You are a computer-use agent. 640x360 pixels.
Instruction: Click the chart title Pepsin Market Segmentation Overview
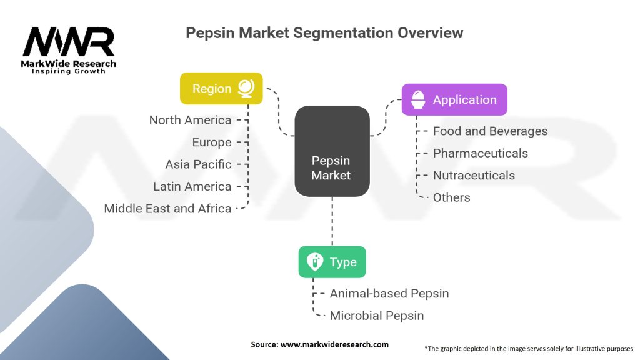324,33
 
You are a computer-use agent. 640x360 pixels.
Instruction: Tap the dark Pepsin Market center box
331,151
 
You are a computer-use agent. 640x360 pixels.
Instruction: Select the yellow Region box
221,89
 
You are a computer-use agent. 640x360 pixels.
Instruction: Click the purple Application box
454,100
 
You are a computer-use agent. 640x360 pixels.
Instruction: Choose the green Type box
332,262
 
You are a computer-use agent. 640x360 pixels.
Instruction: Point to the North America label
190,120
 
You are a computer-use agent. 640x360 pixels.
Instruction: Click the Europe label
212,142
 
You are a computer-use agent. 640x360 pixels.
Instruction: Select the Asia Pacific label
198,164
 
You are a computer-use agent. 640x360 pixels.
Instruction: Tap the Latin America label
192,186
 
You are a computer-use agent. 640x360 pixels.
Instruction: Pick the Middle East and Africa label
167,209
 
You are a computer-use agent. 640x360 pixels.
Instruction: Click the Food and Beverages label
490,131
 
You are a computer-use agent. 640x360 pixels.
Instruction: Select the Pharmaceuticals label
480,153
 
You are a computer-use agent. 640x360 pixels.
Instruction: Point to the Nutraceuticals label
474,176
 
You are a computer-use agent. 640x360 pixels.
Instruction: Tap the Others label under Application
451,197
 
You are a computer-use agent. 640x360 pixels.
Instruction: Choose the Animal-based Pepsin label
389,294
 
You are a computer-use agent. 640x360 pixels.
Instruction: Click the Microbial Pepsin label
376,316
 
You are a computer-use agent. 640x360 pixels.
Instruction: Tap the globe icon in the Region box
246,89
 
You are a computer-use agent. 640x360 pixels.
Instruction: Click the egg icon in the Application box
417,100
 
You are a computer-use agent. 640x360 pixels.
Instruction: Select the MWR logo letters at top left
69,42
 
